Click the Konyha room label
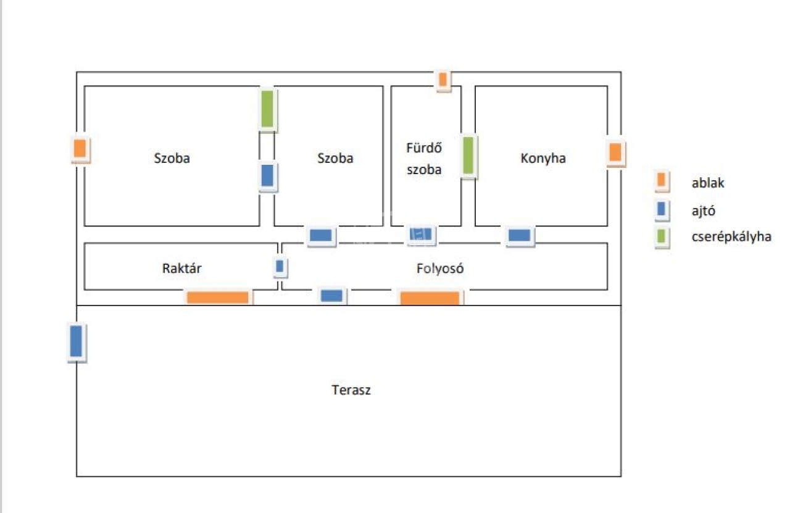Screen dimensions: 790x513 [x=543, y=159]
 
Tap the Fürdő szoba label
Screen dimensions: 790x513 [x=424, y=159]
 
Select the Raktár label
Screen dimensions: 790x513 [x=181, y=269]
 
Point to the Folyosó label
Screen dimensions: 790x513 [x=440, y=269]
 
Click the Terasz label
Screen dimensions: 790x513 [x=351, y=390]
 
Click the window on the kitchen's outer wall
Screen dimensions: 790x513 [x=615, y=152]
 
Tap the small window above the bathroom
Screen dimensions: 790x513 [x=443, y=80]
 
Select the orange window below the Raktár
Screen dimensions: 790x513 [x=218, y=298]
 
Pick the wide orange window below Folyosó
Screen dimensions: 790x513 [x=430, y=298]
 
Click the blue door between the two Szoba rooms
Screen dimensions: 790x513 [x=267, y=176]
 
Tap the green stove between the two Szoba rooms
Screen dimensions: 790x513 [x=267, y=109]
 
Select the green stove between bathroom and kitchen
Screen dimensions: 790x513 [x=468, y=156]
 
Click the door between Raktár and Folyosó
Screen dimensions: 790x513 [x=280, y=267]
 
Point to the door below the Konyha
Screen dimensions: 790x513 [x=519, y=235]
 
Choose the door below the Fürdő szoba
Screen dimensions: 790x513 [x=421, y=234]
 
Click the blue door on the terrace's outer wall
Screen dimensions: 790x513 [x=76, y=341]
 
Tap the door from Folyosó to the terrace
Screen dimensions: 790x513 [x=331, y=296]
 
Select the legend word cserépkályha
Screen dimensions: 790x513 [x=731, y=236]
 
